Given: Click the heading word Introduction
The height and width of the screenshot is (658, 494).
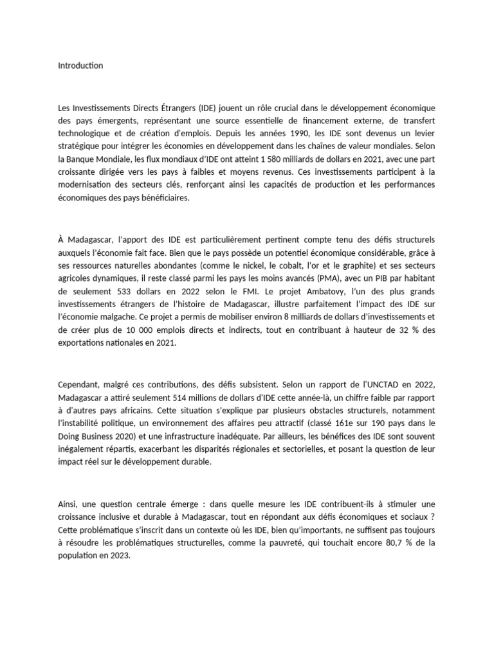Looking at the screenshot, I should click(80, 66).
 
